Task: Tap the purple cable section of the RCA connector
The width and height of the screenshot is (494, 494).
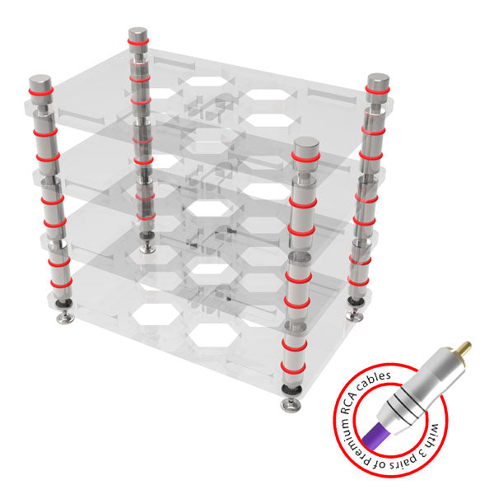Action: click(377, 434)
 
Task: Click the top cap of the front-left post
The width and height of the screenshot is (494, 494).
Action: click(40, 82)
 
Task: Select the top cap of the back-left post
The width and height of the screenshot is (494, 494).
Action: click(137, 34)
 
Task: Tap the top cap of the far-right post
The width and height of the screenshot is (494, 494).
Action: click(378, 82)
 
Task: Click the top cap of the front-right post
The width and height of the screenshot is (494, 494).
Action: click(305, 147)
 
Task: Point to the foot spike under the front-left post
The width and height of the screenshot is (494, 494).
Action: click(66, 318)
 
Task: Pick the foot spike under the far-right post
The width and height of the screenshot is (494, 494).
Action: click(355, 315)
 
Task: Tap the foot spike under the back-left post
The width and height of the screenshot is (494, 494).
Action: click(147, 248)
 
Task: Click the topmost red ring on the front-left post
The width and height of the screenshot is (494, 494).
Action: click(40, 91)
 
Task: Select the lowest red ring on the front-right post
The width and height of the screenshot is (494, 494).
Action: click(293, 367)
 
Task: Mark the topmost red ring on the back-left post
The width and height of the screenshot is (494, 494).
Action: click(137, 42)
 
